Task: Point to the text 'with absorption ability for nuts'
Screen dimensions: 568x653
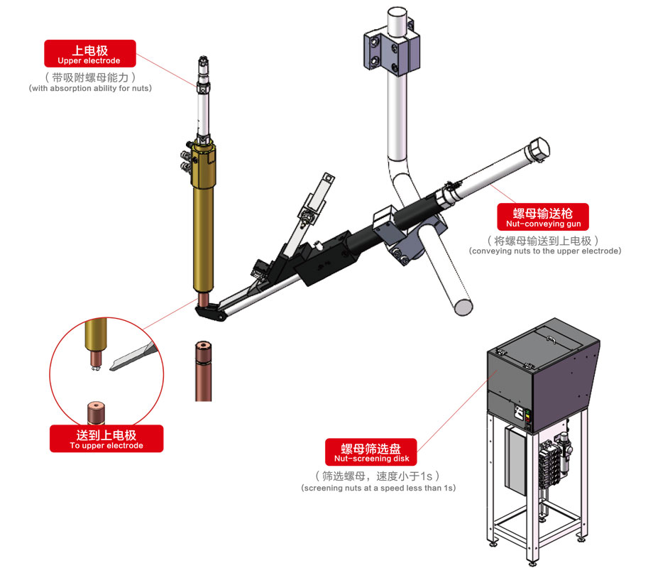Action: click(x=90, y=89)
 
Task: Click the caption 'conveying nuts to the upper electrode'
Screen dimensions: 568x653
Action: click(x=544, y=251)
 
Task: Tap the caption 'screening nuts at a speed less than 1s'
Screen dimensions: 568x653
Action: click(x=378, y=488)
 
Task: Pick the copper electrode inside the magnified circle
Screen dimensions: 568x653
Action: click(x=94, y=412)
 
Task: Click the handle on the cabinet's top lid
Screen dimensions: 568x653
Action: click(x=552, y=340)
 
